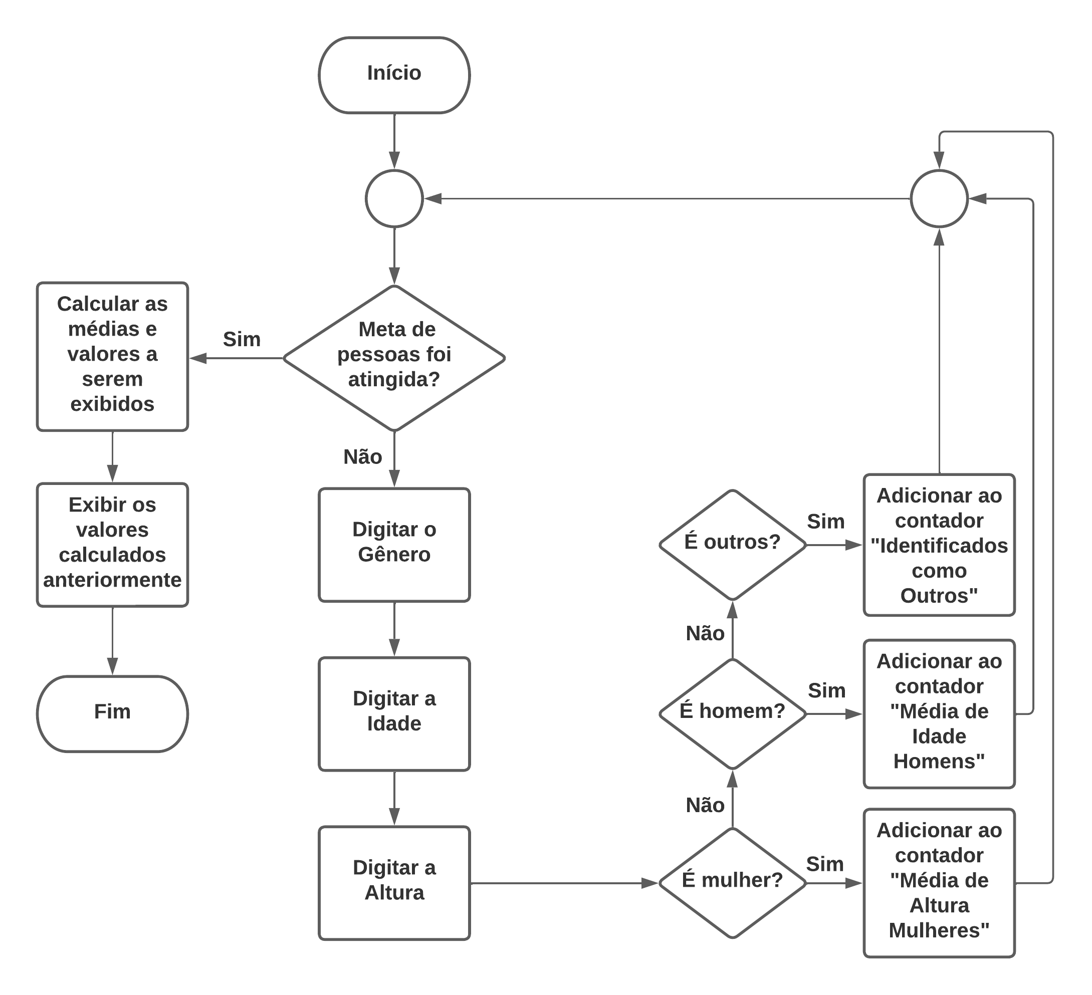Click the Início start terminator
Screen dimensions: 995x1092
[x=394, y=75]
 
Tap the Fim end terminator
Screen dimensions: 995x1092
[x=112, y=713]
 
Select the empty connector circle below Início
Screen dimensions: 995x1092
[x=394, y=199]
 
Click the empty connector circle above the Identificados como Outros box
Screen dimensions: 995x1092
[x=939, y=199]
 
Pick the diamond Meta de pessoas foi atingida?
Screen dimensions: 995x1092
[x=394, y=358]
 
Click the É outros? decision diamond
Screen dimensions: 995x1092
[x=732, y=545]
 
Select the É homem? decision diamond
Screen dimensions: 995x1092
[x=732, y=714]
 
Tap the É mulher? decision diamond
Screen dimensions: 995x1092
[x=732, y=883]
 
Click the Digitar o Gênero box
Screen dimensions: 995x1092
[x=394, y=545]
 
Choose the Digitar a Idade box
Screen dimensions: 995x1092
[x=394, y=714]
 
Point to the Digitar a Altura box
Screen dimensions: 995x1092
[x=394, y=883]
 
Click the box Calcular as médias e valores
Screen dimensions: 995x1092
[x=112, y=356]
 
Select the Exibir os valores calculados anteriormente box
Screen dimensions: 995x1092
[x=112, y=545]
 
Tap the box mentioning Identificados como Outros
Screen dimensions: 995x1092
[x=939, y=545]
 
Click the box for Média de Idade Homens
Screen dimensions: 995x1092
[x=939, y=714]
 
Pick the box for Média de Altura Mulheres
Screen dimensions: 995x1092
[x=939, y=883]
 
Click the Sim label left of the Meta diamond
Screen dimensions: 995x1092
[x=242, y=340]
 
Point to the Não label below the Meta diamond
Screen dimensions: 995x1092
[x=362, y=457]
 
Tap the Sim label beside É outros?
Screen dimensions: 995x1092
[x=825, y=522]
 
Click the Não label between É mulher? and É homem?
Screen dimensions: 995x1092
[x=705, y=806]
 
